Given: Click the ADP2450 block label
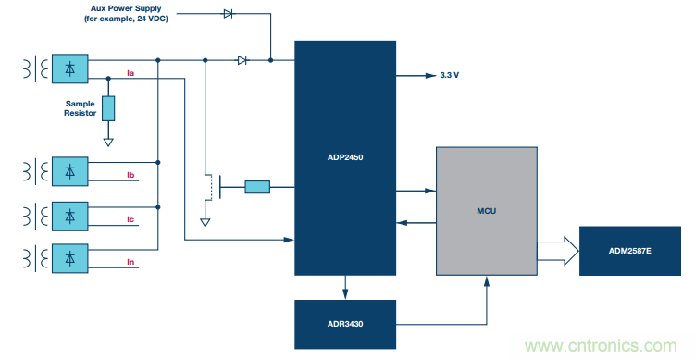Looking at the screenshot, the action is click(x=345, y=157).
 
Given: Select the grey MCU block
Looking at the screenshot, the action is click(x=487, y=211).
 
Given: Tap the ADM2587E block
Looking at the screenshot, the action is click(x=630, y=251).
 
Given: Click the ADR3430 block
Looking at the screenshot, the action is click(x=345, y=324).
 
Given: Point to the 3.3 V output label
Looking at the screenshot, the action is click(x=450, y=75).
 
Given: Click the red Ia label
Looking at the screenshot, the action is click(x=130, y=73).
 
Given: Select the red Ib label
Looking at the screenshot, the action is click(x=130, y=175).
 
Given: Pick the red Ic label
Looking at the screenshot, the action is click(x=130, y=219).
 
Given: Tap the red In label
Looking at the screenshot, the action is click(x=130, y=262).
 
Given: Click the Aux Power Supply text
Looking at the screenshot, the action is click(x=127, y=8).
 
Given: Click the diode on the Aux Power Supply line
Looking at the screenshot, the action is click(x=228, y=14).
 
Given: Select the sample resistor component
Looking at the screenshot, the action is click(x=108, y=108).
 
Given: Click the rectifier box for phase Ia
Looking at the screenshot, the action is click(x=70, y=68).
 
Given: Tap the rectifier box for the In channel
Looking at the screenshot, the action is click(x=70, y=258).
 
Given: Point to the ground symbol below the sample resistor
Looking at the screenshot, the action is click(x=108, y=142).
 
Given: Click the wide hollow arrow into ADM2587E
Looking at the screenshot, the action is click(x=558, y=251).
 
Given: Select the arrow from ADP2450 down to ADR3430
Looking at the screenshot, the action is click(x=345, y=287).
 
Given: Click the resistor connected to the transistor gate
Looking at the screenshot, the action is click(x=257, y=187).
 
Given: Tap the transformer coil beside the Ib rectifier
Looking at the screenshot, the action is click(x=35, y=171).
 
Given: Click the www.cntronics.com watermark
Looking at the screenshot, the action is click(x=601, y=346).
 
